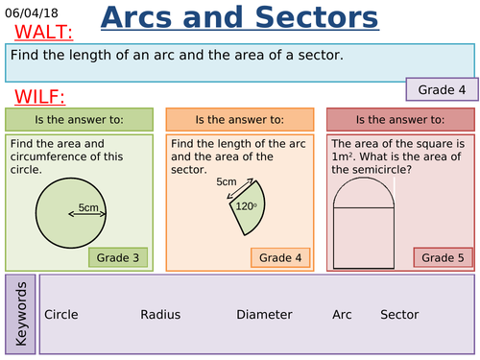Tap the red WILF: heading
(40, 97)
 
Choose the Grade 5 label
(443, 257)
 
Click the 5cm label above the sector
(227, 181)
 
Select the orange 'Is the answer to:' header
(239, 120)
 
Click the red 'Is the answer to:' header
(399, 120)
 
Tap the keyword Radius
(160, 314)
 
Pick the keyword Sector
(399, 314)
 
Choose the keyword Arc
(342, 314)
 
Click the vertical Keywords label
(21, 314)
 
